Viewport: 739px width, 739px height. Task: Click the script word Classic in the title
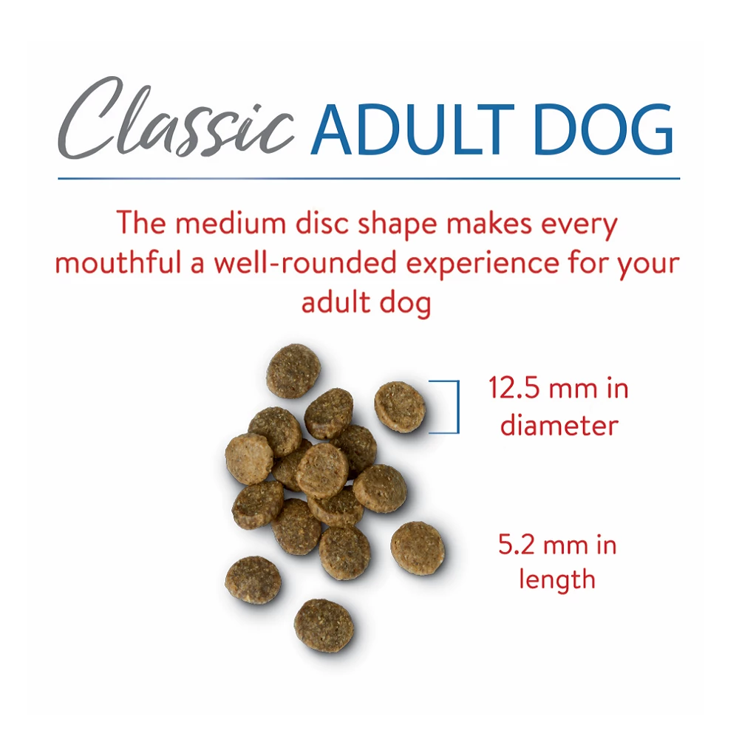176,118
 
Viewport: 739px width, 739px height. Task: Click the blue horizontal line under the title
369,179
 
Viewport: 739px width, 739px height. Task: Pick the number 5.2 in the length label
516,545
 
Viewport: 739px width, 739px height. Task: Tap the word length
557,579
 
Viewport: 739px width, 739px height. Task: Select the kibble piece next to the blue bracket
400,406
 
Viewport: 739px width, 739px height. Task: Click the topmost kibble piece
293,370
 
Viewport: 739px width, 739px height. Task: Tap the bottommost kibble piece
324,626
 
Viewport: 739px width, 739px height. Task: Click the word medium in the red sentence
231,222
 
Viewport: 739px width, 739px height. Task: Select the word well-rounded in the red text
305,262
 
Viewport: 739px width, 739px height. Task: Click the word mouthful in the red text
118,262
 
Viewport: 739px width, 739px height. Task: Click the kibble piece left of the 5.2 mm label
418,548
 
